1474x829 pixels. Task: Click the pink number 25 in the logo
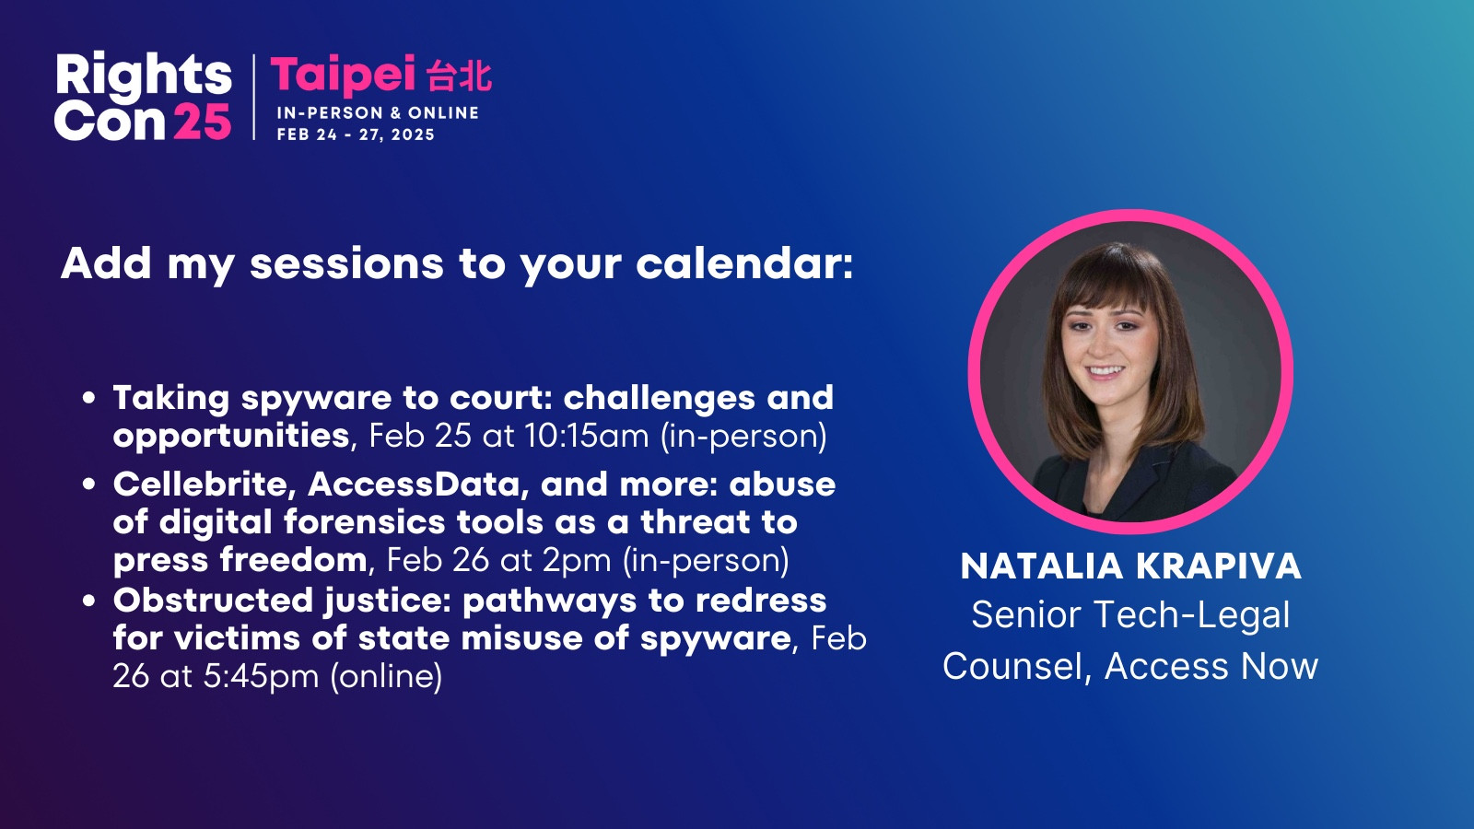[202, 121]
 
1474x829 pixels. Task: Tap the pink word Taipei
[343, 75]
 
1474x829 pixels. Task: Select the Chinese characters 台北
[460, 75]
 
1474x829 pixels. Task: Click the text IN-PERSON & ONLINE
[378, 112]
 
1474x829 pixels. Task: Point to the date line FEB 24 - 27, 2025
[356, 134]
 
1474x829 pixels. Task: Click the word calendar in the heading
[744, 263]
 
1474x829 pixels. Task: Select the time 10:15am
[586, 436]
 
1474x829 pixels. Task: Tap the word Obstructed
[213, 600]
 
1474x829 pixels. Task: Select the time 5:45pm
[261, 676]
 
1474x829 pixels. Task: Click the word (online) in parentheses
[386, 676]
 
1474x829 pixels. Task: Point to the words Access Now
[1211, 666]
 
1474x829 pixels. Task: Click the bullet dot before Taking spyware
[88, 398]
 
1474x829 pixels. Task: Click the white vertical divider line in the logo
[254, 98]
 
